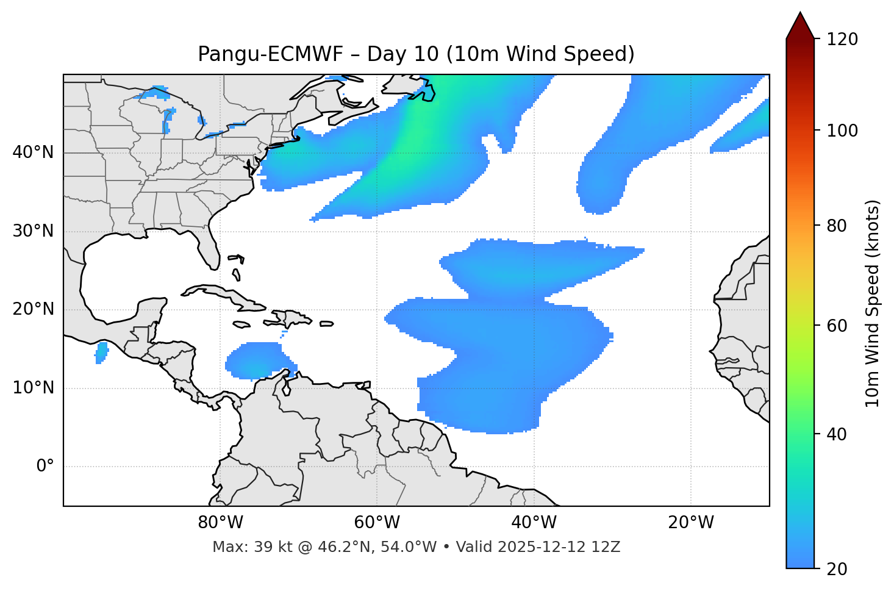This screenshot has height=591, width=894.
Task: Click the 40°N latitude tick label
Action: click(x=33, y=152)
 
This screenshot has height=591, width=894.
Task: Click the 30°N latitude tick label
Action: click(x=33, y=231)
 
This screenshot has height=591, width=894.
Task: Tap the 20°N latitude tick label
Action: click(x=33, y=310)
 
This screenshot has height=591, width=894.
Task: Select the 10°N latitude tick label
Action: click(x=33, y=388)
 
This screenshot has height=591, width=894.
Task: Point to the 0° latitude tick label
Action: click(x=45, y=467)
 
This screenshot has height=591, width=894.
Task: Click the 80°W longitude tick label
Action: click(x=220, y=523)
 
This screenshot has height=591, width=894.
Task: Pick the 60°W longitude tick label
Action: click(x=377, y=523)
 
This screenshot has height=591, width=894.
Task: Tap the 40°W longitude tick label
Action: click(x=534, y=523)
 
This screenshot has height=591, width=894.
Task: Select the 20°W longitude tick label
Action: click(x=690, y=523)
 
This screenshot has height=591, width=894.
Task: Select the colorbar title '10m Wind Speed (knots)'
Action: click(x=873, y=303)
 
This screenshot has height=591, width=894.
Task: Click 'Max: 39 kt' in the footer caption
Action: click(x=247, y=547)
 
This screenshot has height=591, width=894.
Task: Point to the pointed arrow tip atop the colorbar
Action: click(x=800, y=15)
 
